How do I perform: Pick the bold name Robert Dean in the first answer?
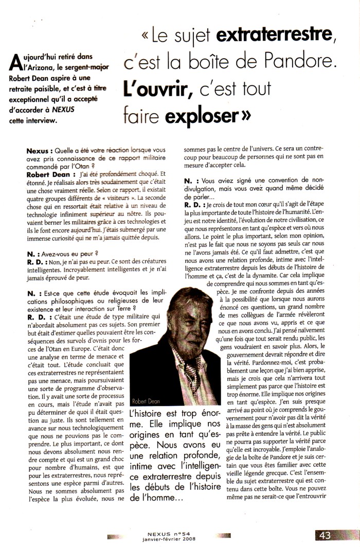48,174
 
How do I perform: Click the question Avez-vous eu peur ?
71,253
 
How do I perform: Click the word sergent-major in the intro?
89,70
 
